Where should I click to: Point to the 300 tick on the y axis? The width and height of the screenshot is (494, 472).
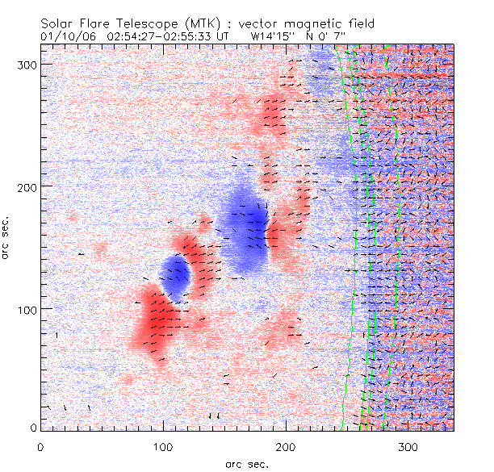coord(25,63)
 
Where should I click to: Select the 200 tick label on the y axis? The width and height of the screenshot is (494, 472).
coord(25,186)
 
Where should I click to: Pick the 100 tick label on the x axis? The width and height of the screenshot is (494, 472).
coord(163,446)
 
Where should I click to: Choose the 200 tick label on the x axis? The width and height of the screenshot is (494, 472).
coord(286,446)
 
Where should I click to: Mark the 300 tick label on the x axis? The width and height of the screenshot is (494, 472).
coord(408,446)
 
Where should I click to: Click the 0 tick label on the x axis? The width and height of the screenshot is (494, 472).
coord(40,446)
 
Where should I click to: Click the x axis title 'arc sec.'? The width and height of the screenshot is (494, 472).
coord(246,464)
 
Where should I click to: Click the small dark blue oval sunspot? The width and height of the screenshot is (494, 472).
coord(174,274)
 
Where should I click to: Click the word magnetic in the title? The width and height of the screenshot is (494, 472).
coord(318,24)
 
